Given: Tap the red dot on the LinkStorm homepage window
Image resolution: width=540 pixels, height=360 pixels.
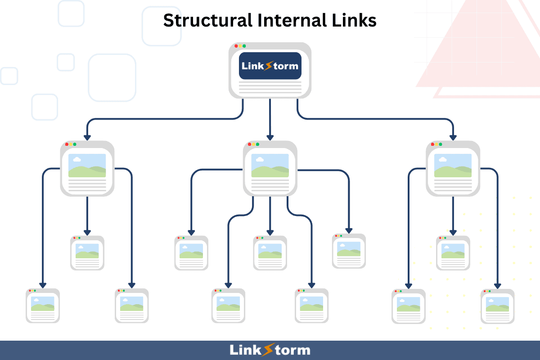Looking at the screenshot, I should (236, 46).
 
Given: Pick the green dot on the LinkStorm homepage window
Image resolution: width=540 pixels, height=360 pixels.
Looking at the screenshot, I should (244, 46).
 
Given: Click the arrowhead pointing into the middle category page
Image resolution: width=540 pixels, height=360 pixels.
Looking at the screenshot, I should (270, 137).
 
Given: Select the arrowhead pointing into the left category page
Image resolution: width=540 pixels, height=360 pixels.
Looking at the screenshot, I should (87, 137).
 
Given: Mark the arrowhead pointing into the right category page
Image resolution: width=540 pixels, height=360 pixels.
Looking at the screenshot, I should (453, 137).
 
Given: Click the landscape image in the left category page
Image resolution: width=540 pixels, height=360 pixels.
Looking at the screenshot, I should (87, 165).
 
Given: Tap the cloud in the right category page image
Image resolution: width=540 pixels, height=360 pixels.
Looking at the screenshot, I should (442, 159).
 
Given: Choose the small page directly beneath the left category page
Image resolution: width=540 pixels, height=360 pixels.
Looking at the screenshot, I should (87, 253).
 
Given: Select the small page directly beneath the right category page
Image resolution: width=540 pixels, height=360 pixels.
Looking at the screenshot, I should (453, 253).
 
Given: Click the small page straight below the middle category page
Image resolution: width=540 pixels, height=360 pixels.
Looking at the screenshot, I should (270, 253).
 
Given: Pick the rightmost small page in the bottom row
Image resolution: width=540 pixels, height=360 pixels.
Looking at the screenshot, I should (497, 306).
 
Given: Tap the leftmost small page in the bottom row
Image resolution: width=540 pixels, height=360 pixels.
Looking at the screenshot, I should (43, 306).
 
